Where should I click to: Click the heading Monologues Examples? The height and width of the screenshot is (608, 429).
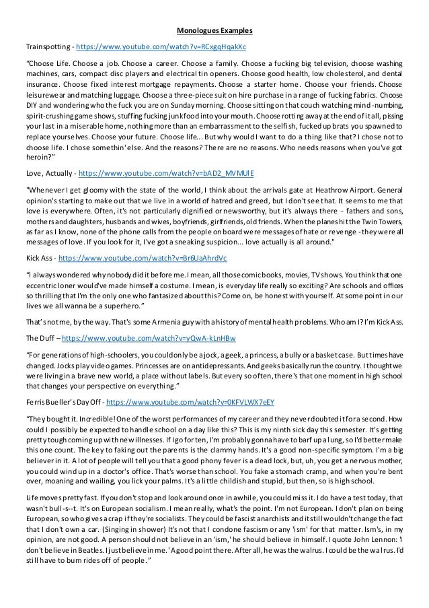(214, 31)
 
